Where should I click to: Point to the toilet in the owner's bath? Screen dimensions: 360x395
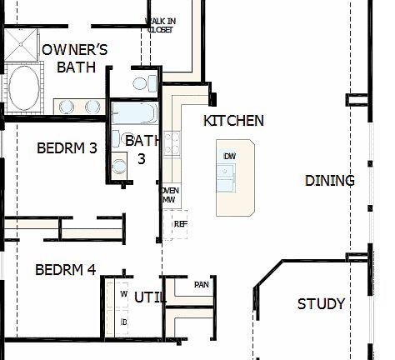pyautogui.click(x=141, y=83)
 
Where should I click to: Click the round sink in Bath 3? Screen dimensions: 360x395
pyautogui.click(x=119, y=166)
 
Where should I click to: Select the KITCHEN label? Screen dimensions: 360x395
pyautogui.click(x=233, y=121)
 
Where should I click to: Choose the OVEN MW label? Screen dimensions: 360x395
pyautogui.click(x=168, y=195)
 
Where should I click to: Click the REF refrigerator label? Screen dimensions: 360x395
pyautogui.click(x=179, y=224)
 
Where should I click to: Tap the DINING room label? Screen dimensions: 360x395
pyautogui.click(x=329, y=181)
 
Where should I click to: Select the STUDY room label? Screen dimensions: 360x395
pyautogui.click(x=321, y=304)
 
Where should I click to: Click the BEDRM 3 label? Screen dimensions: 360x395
pyautogui.click(x=67, y=148)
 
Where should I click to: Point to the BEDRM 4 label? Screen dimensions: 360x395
pyautogui.click(x=65, y=270)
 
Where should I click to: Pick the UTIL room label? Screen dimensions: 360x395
pyautogui.click(x=151, y=297)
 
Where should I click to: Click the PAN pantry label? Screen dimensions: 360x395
pyautogui.click(x=201, y=285)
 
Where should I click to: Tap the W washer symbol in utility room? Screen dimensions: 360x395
pyautogui.click(x=124, y=295)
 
